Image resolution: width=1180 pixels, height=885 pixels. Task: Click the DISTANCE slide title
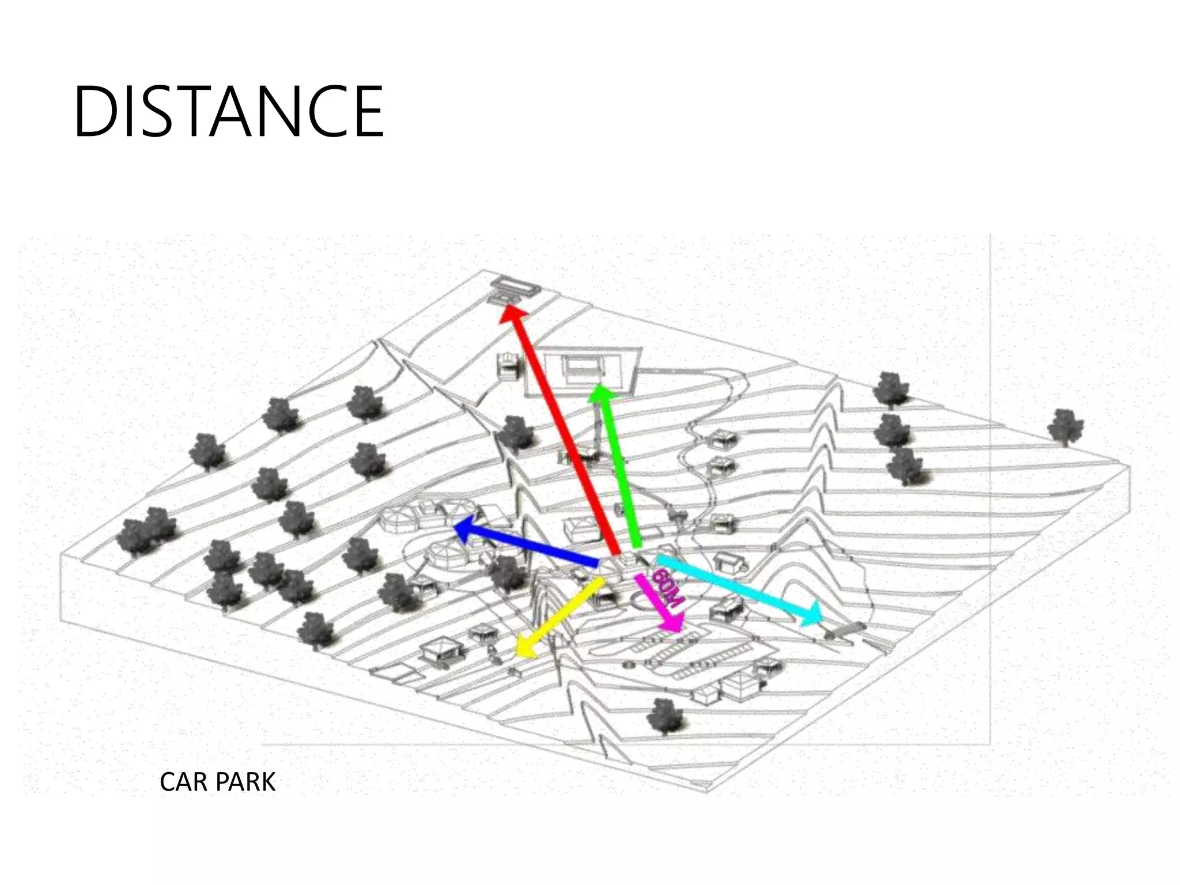click(x=228, y=112)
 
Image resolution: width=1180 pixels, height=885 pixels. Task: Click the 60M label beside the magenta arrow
click(x=668, y=587)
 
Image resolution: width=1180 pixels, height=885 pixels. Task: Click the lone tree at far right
click(x=1065, y=427)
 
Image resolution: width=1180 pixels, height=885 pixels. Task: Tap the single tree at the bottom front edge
click(x=665, y=717)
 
